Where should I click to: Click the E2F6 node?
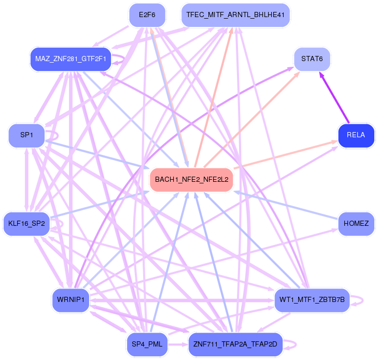(147, 15)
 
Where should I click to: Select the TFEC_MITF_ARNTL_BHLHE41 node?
(235, 15)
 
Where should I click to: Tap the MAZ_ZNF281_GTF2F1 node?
(71, 59)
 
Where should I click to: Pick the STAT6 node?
(312, 59)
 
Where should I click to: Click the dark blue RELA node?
(356, 136)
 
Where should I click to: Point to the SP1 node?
(26, 135)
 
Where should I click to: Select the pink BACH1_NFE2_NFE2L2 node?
(191, 180)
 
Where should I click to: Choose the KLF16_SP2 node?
(26, 224)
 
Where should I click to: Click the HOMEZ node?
(356, 224)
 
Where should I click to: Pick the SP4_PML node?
(147, 344)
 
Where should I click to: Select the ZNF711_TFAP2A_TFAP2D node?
(235, 344)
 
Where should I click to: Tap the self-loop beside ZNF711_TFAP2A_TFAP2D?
(296, 344)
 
